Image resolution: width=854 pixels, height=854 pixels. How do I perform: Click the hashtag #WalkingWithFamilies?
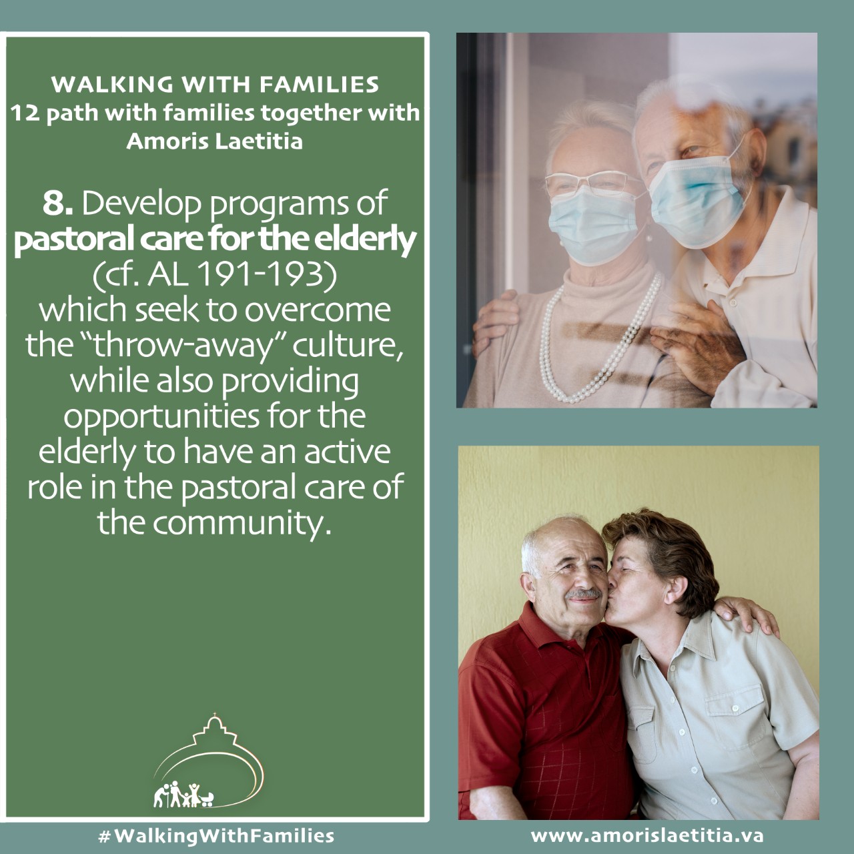(216, 835)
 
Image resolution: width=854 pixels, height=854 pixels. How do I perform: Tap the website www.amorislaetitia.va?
(647, 835)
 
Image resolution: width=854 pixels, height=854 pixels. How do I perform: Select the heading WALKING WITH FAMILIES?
(215, 84)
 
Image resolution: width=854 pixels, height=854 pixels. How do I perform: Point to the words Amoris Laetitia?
(214, 141)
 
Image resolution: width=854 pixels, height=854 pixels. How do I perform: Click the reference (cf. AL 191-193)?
(214, 274)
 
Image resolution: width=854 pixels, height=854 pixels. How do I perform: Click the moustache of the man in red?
(585, 593)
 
